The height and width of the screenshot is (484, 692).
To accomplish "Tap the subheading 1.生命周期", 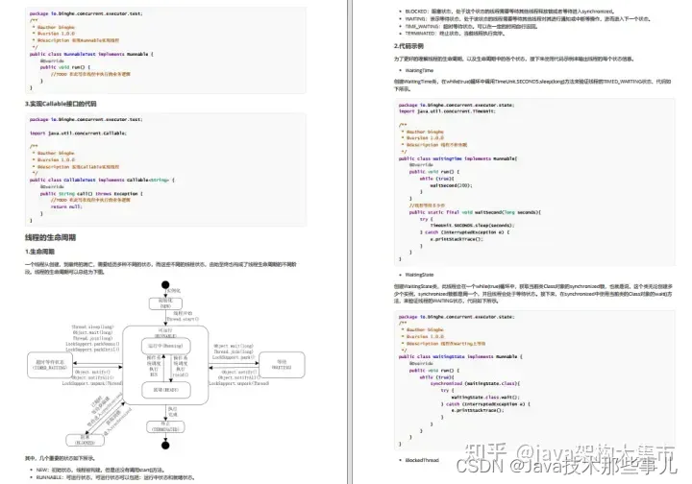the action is point(41,251).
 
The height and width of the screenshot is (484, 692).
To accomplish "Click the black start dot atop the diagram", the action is point(165,284).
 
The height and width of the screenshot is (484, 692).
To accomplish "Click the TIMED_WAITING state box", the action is point(50,362).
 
